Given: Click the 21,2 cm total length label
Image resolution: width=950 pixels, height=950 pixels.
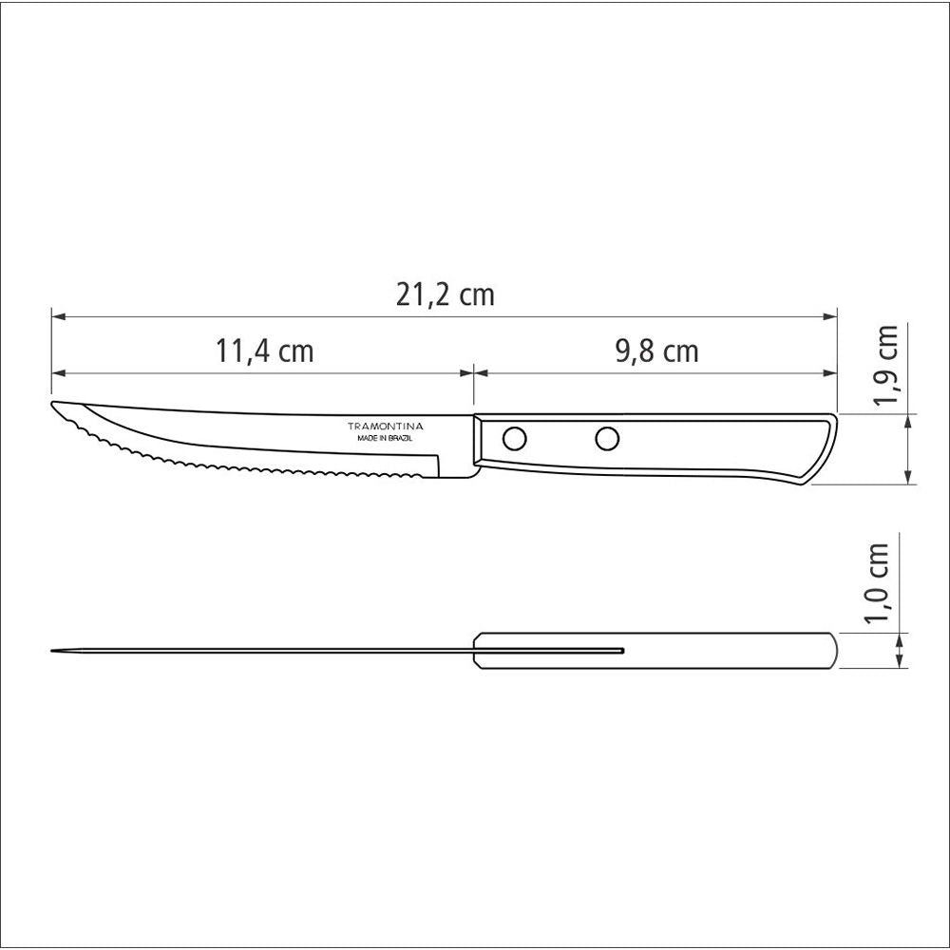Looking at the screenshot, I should (x=446, y=295).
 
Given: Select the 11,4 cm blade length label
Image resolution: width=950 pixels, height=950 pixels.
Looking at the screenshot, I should (x=264, y=351).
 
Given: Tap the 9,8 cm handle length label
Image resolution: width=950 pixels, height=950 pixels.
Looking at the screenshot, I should (x=656, y=351).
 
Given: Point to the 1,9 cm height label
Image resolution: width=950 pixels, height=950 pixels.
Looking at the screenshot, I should (x=886, y=366).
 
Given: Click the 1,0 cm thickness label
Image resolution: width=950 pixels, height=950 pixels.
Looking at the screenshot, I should (x=879, y=582).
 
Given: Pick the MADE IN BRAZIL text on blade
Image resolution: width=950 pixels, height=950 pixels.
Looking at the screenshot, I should (x=385, y=440).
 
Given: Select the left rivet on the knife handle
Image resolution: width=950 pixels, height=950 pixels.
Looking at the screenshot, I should (x=514, y=439).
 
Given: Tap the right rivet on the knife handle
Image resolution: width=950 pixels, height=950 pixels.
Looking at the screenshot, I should (x=606, y=438).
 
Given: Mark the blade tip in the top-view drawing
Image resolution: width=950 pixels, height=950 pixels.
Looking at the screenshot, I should (x=53, y=651).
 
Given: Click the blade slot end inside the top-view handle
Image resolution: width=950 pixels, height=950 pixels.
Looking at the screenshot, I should (x=622, y=651).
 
